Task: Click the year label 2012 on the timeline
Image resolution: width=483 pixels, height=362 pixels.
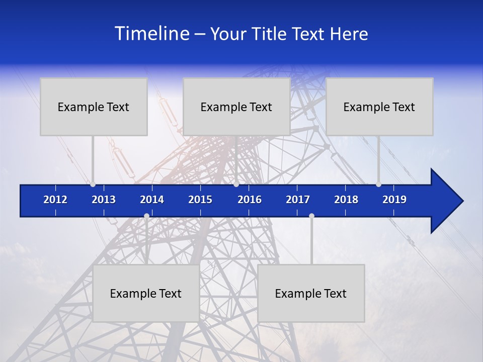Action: (x=55, y=200)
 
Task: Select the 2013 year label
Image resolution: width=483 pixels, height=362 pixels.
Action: (x=104, y=200)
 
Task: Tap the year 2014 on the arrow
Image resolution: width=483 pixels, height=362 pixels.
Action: (x=152, y=200)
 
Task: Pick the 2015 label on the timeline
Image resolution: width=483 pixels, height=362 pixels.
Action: (x=200, y=200)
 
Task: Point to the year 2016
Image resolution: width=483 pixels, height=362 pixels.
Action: (x=250, y=200)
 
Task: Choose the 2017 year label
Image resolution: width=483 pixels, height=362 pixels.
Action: (x=298, y=200)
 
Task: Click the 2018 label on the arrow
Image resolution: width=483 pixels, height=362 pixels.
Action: (x=346, y=200)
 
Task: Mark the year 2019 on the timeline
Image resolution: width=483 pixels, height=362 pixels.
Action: (x=394, y=200)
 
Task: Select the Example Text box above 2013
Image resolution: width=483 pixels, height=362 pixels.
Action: (x=94, y=107)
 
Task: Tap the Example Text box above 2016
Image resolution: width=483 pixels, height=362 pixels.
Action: (x=236, y=107)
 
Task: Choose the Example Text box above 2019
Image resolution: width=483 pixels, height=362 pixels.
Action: (x=379, y=107)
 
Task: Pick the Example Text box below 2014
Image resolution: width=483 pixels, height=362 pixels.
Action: (x=146, y=293)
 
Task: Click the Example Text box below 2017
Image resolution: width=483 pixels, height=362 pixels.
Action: (x=311, y=293)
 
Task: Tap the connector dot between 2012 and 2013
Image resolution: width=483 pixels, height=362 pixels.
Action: (x=93, y=185)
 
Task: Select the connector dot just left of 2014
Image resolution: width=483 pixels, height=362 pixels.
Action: (x=146, y=216)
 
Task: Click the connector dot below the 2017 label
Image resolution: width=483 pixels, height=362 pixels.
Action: (x=311, y=216)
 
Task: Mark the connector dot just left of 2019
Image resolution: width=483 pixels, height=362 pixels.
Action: (x=378, y=185)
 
